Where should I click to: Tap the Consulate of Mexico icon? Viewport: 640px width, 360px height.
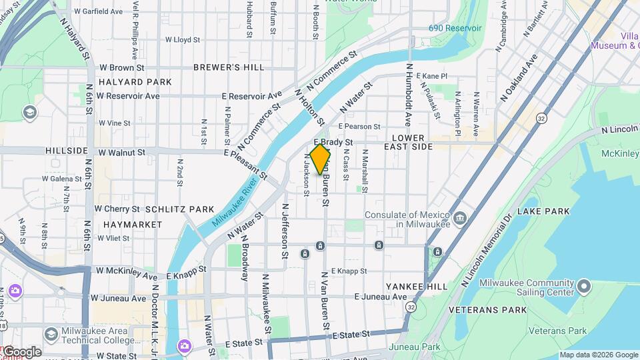(460, 219)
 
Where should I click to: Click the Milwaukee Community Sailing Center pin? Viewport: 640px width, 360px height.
(584, 287)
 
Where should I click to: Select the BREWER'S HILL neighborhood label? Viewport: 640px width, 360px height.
(220, 67)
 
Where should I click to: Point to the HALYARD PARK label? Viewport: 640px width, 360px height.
(135, 82)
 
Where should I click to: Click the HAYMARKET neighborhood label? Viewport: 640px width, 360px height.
(133, 225)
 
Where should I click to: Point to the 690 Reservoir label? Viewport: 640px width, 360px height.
(455, 29)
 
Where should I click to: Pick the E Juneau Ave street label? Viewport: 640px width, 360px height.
(380, 297)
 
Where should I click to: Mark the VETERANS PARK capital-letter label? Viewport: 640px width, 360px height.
(487, 310)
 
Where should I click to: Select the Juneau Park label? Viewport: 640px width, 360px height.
(422, 347)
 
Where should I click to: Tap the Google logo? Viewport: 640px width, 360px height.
(21, 352)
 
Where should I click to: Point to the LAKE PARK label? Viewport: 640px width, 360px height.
(543, 211)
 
